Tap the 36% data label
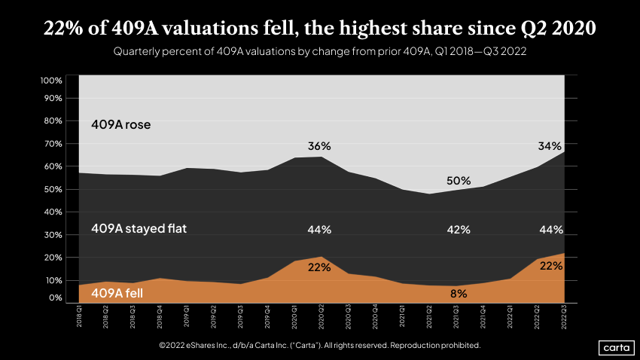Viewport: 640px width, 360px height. tap(319, 145)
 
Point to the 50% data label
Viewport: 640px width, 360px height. tap(458, 181)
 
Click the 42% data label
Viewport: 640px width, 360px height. tap(458, 230)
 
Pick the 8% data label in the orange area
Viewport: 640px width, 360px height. tap(458, 294)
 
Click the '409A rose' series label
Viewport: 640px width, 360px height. tap(121, 124)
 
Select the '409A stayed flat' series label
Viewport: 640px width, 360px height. tap(139, 228)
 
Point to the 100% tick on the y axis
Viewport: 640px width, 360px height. tap(51, 81)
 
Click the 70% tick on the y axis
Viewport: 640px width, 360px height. tap(53, 144)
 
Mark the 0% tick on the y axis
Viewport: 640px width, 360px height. tap(55, 298)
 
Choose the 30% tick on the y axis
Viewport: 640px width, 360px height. tap(53, 235)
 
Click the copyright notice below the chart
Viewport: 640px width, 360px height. tap(319, 345)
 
